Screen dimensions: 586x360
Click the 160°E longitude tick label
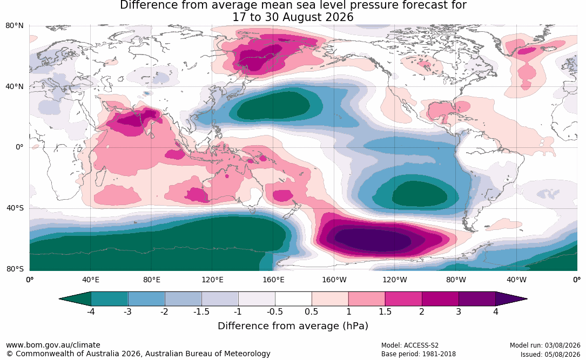[273, 280]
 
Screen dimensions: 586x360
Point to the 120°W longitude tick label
[395, 280]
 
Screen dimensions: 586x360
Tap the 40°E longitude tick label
[91, 280]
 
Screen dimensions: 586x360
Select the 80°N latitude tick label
[15, 26]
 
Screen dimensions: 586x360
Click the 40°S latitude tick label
[15, 208]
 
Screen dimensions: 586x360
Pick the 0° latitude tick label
[19, 147]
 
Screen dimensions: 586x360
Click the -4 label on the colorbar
[90, 311]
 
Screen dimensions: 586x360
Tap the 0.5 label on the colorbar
[311, 311]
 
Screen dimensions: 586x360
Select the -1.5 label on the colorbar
[201, 311]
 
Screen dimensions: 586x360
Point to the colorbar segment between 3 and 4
[477, 299]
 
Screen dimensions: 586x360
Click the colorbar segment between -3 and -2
[146, 299]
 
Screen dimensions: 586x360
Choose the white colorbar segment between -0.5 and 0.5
[293, 299]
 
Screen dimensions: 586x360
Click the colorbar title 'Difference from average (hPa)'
[293, 325]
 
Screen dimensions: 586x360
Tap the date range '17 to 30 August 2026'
[293, 17]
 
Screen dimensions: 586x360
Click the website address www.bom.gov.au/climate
[53, 345]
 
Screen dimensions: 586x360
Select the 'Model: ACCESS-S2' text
[409, 345]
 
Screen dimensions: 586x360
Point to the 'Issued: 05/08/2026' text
[550, 354]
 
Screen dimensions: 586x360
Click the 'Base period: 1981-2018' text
[418, 354]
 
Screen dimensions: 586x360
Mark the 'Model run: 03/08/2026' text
[545, 345]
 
